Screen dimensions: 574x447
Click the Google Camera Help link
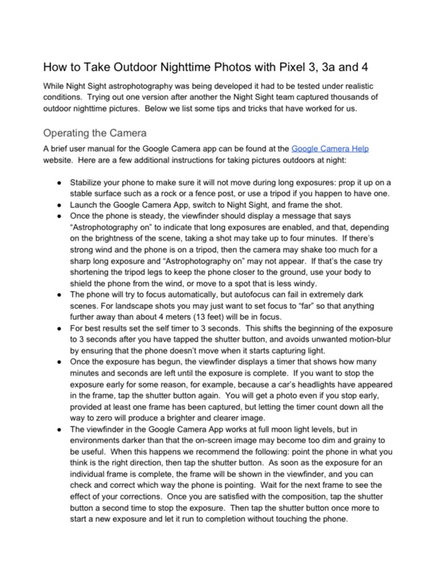coord(330,149)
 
